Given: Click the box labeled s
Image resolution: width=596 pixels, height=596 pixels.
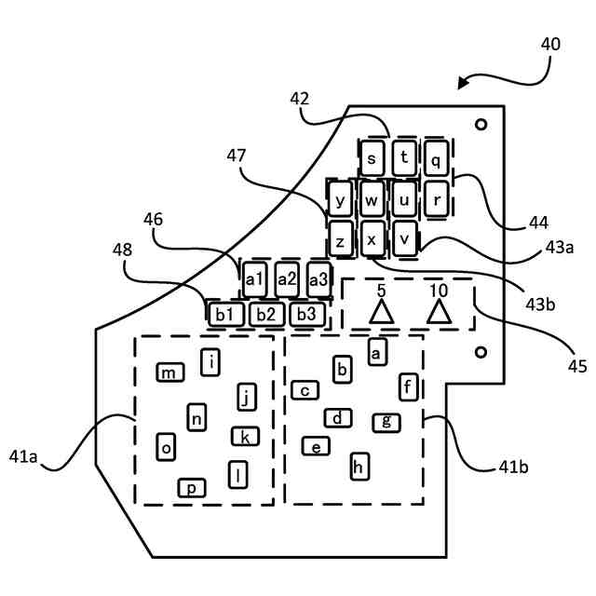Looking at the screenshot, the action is [x=372, y=158].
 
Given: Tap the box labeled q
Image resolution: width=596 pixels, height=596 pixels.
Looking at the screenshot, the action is [x=436, y=158].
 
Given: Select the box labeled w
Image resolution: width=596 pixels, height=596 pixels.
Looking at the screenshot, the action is [x=372, y=199].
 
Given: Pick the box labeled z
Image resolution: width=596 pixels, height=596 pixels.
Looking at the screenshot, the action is [x=340, y=240].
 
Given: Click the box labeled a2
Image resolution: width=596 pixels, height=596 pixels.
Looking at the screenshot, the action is [x=287, y=279].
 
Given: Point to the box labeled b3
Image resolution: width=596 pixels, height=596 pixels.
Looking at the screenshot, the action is [x=307, y=315].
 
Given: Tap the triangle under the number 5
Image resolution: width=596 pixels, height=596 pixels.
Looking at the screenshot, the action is [x=381, y=312].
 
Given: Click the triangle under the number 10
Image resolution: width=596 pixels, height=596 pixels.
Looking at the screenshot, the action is [x=439, y=312].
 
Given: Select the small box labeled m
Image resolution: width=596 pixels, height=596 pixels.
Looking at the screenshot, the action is [x=170, y=372].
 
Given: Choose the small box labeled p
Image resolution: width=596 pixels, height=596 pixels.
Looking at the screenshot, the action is [x=192, y=488].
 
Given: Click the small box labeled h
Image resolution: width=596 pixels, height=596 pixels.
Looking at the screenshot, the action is [x=359, y=467].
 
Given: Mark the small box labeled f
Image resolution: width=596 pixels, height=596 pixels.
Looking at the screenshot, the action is [x=409, y=387].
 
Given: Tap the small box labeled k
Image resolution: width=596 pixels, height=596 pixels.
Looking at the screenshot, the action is [x=246, y=437].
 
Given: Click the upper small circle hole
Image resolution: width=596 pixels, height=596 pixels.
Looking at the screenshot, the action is [x=481, y=124].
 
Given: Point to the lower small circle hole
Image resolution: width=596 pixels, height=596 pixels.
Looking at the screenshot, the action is [x=481, y=352].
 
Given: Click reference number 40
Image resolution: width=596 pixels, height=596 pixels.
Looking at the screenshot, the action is [x=550, y=45].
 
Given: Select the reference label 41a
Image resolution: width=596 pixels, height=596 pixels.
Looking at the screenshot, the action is [x=23, y=456].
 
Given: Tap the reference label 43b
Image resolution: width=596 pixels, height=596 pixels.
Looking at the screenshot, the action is [x=540, y=305].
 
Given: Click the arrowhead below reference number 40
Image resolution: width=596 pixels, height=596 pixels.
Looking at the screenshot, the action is [x=462, y=83].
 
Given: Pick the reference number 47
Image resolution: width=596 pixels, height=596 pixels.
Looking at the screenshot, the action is [x=236, y=156].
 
